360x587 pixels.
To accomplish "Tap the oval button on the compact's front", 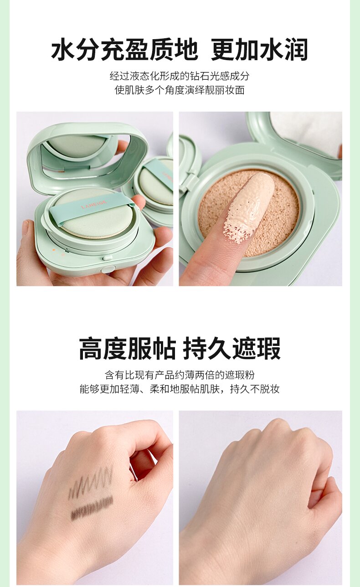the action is point(108,269).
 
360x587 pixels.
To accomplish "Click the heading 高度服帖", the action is point(127,349).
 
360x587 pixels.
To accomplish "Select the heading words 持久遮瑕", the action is point(232,349).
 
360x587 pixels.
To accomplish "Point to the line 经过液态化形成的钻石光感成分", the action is point(180,76).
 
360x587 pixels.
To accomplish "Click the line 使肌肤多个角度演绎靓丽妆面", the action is point(180,90).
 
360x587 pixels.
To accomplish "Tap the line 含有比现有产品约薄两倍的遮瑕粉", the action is point(180,375).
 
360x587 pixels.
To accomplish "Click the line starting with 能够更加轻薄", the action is point(180,389).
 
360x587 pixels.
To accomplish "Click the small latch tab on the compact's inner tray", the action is point(106,258).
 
